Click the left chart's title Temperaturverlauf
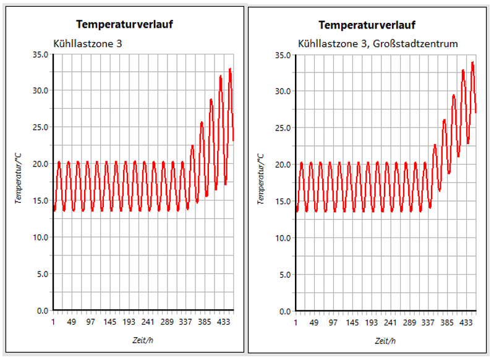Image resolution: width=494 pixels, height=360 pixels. point(124,25)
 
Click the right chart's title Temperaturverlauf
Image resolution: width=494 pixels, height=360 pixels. point(367,25)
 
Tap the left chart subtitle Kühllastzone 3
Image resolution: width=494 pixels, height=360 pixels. point(86,43)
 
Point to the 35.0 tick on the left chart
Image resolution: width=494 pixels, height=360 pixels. point(41,54)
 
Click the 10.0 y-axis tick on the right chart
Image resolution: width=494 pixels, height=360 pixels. point(283,238)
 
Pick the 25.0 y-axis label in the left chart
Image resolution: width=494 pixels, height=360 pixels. point(41,127)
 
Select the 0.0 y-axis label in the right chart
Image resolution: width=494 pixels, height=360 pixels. point(285,311)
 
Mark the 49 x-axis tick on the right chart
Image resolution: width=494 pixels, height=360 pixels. point(314,323)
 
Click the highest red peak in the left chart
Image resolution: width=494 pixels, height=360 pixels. point(230,69)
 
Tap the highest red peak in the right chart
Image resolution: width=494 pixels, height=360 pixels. point(472,62)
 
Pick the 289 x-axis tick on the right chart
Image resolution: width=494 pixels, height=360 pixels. point(409,323)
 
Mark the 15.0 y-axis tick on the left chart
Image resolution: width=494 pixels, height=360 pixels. point(41,200)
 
